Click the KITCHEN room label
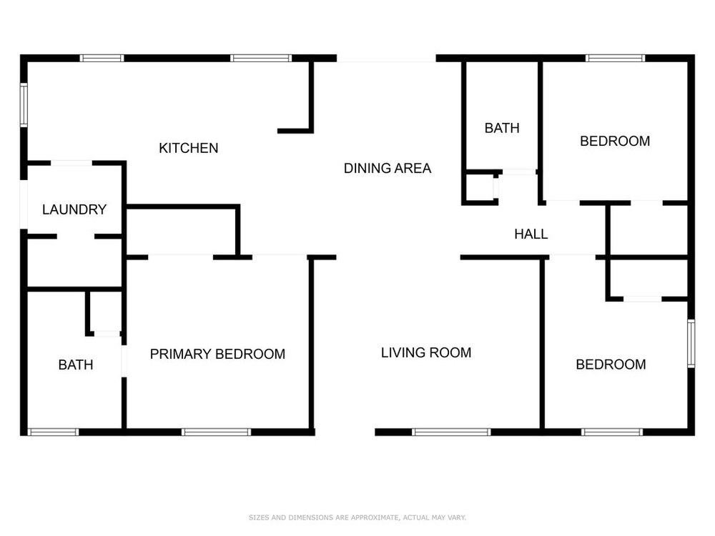[188, 148]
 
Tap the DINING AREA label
[387, 168]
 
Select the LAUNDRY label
[74, 209]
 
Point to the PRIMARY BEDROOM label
[217, 354]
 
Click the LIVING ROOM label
[426, 353]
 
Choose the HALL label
[531, 234]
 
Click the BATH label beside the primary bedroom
[76, 364]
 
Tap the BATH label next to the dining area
[502, 128]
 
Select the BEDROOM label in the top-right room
[615, 142]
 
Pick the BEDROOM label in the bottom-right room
[611, 364]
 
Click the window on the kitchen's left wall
[24, 105]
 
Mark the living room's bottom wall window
[451, 432]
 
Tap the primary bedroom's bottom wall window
[216, 432]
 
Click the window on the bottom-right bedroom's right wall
[691, 344]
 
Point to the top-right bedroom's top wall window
[615, 58]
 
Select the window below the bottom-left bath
[54, 432]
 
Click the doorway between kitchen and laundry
[71, 163]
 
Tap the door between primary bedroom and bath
[124, 361]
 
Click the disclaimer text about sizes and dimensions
[357, 517]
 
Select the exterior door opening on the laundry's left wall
[24, 204]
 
